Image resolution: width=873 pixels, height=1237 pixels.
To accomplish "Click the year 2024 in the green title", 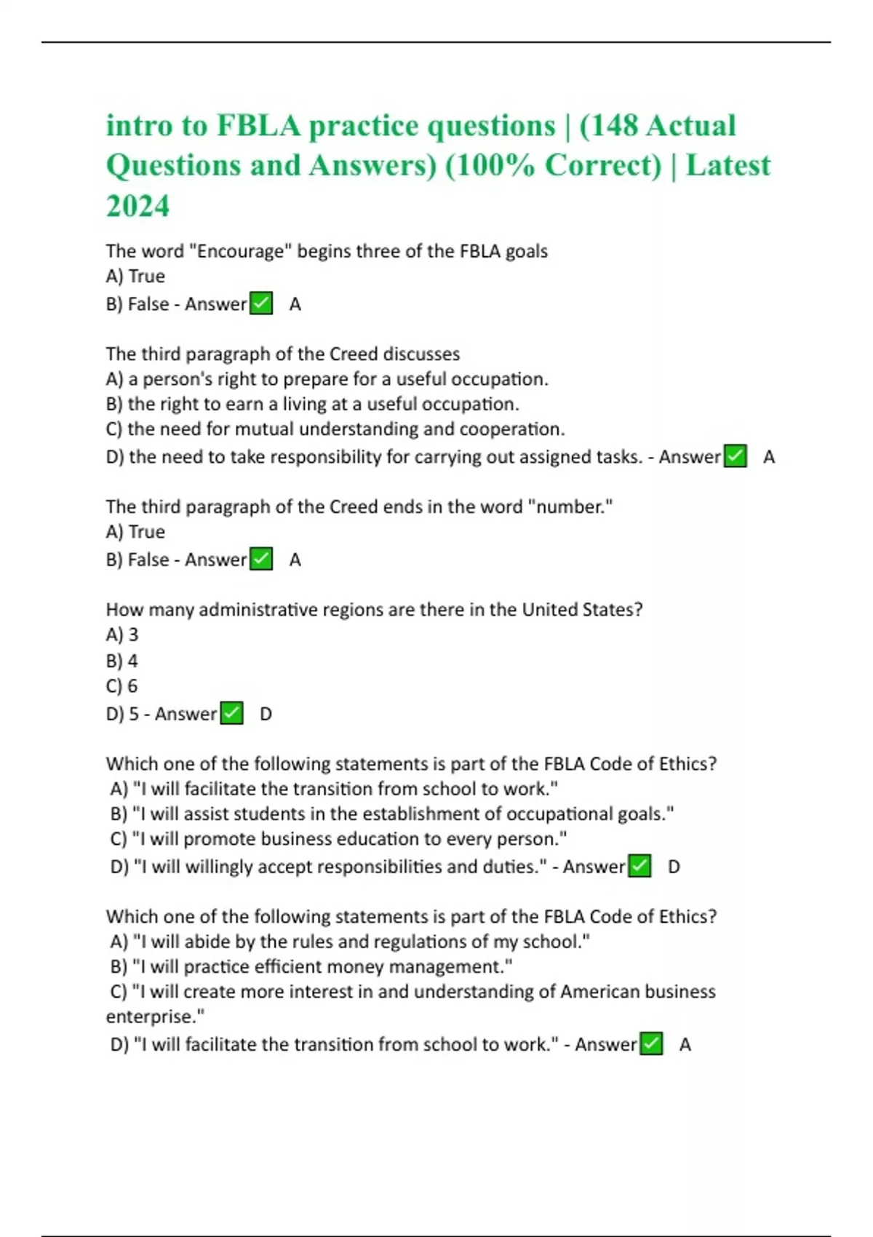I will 137,206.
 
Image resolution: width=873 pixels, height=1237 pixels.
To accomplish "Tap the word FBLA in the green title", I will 258,126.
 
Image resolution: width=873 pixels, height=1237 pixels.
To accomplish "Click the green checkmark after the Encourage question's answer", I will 261,303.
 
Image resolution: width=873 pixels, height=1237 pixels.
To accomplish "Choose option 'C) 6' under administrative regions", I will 121,686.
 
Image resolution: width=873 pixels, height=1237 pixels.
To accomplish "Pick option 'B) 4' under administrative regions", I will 121,661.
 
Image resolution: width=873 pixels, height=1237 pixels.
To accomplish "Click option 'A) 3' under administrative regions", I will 121,635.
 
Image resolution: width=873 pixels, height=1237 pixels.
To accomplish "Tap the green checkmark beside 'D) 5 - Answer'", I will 231,714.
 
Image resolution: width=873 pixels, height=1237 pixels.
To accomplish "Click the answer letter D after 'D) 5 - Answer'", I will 266,715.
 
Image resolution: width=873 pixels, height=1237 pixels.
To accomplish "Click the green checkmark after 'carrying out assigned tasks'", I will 736,457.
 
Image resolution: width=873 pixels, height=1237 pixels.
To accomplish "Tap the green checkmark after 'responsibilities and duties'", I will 639,867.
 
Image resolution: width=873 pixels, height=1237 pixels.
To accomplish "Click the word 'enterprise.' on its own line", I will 155,1017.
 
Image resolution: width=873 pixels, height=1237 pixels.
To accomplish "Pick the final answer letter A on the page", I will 685,1045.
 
